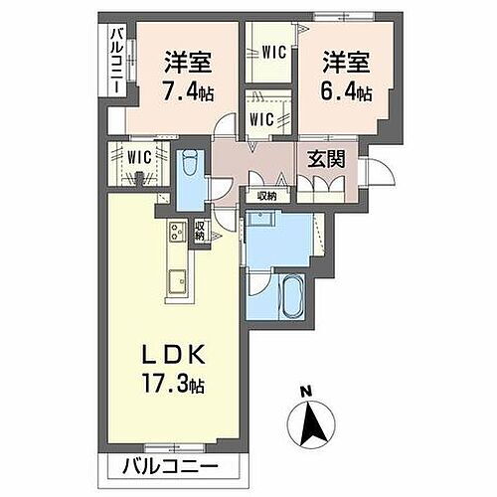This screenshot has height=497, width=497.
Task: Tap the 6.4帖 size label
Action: (x=346, y=91)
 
